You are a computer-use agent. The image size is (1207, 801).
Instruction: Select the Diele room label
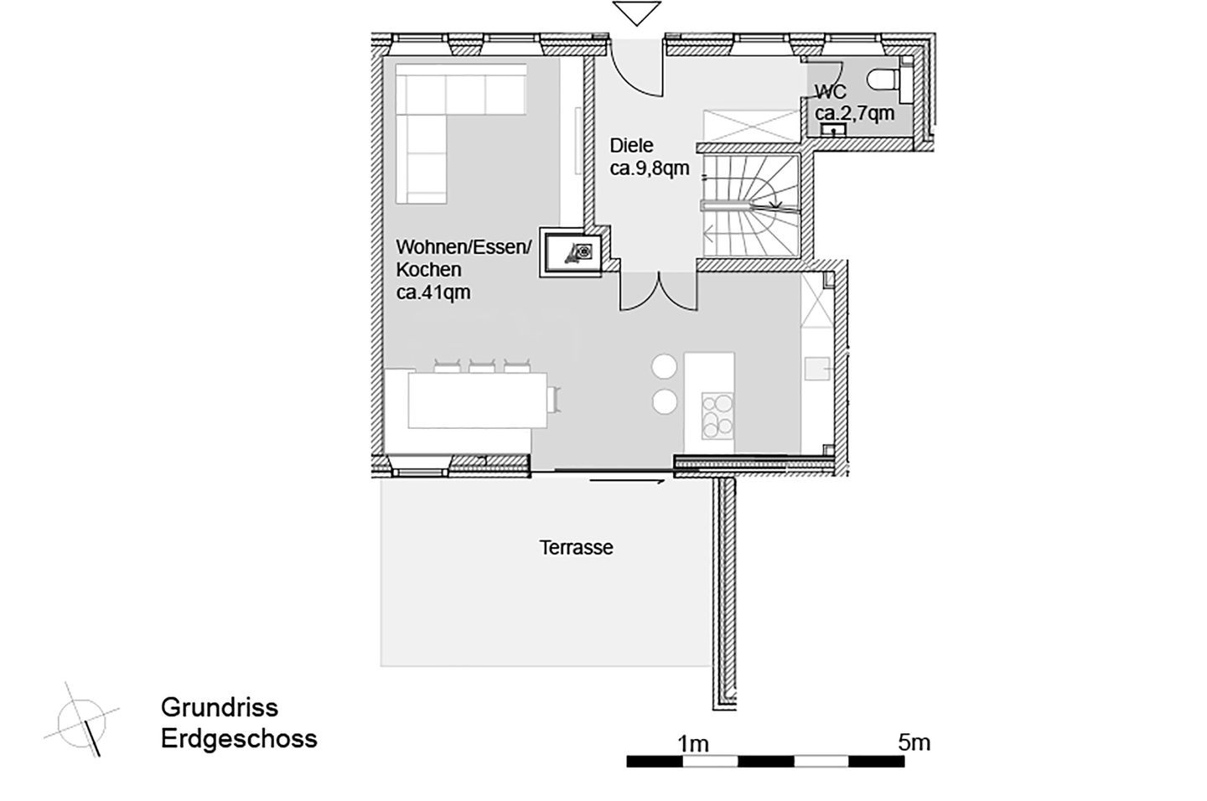[631, 146]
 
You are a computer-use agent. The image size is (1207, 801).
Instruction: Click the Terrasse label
[577, 548]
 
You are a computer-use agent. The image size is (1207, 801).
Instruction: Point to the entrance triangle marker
[637, 13]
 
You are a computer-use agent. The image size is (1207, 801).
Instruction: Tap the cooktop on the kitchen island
[717, 416]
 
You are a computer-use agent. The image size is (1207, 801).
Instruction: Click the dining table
[478, 400]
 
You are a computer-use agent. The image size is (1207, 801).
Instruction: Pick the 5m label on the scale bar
[914, 743]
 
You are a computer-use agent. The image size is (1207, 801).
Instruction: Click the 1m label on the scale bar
[693, 744]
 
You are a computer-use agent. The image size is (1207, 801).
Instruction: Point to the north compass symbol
[82, 721]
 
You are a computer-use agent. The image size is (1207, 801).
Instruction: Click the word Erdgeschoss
[239, 738]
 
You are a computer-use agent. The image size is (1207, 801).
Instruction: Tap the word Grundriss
[220, 707]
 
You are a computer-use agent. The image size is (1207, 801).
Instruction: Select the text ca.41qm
[433, 292]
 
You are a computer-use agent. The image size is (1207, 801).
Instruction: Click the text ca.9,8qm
[650, 168]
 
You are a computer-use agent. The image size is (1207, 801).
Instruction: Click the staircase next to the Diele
[751, 206]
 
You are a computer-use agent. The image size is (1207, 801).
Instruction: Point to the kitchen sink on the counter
[817, 369]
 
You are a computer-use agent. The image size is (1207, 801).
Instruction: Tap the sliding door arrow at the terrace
[628, 482]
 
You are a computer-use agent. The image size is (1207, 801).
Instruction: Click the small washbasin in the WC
[833, 130]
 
